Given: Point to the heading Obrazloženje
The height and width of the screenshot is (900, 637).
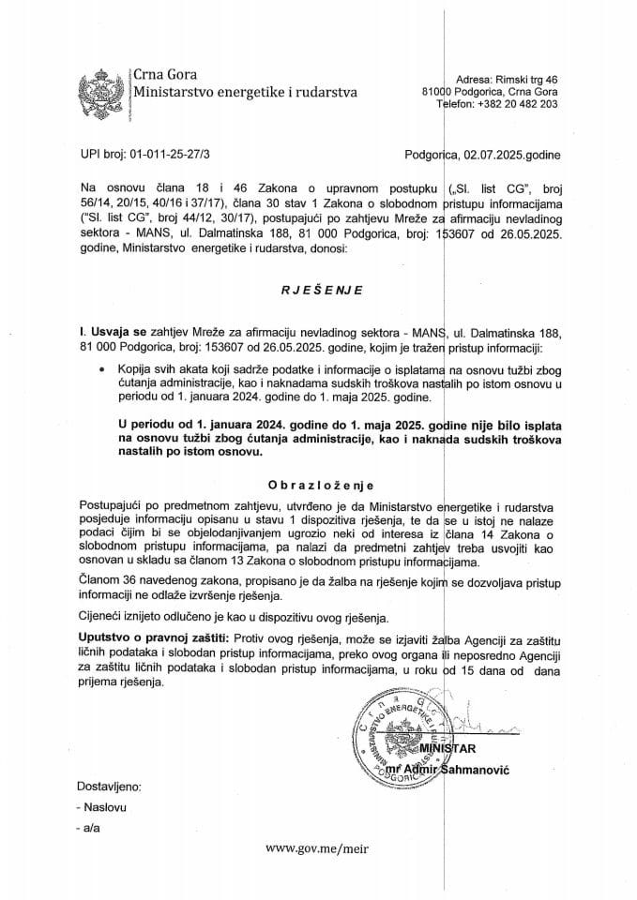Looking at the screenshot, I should [319, 486].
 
